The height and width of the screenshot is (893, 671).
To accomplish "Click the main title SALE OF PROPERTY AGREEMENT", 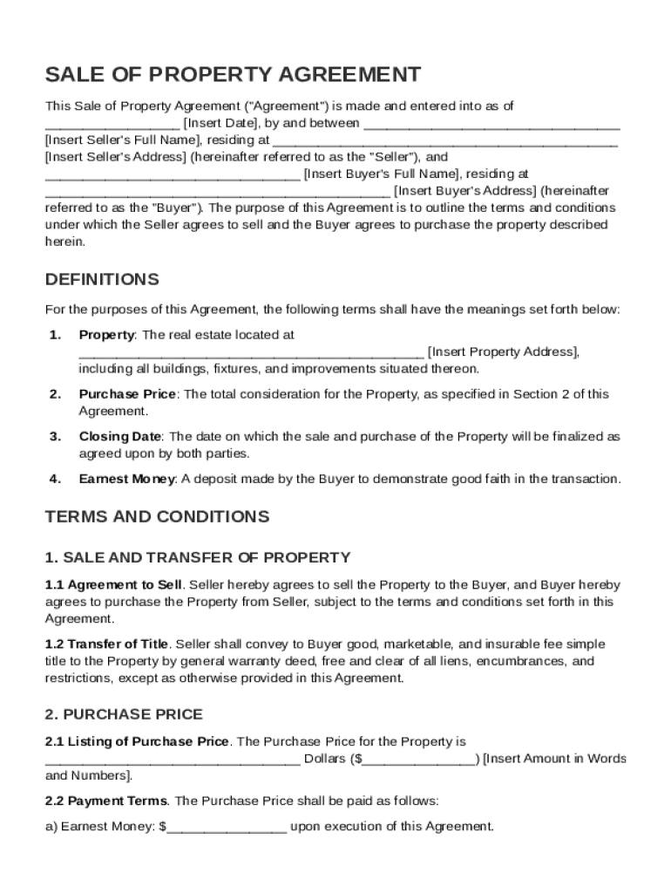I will pos(233,74).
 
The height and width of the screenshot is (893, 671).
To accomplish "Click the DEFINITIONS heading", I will pos(102,280).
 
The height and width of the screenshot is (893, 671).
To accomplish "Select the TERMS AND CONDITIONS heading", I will pos(157,516).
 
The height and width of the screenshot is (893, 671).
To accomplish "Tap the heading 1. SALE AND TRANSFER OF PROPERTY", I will pos(198,557).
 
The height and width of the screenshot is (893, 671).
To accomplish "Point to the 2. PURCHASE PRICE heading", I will pos(124,714).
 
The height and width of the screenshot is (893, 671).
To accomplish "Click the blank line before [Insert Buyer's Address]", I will pos(217,191).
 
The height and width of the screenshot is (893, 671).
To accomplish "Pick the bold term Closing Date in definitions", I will pos(120,436).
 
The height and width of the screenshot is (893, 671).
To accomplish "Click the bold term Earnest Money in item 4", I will pos(127,479).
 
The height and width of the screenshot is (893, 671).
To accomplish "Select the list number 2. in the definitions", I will pos(55,394).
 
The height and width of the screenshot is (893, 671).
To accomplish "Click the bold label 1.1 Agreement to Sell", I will pos(113,584).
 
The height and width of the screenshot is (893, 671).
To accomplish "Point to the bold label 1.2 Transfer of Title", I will pos(107,644).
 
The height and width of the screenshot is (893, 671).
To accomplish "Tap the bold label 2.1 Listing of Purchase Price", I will pos(137,741).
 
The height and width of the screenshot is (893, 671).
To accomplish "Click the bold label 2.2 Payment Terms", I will pos(107,800).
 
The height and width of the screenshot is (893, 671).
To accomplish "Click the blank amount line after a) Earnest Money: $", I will pos(227,827).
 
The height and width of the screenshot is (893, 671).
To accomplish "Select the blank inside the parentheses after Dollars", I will pos(417,759).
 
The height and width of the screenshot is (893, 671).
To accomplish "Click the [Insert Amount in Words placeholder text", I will pos(554,758).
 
